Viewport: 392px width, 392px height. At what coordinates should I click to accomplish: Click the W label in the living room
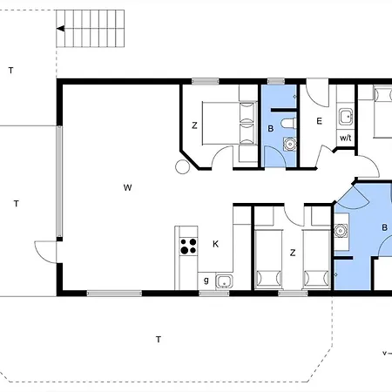point(127,187)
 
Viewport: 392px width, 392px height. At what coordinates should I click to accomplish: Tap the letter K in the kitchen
point(215,244)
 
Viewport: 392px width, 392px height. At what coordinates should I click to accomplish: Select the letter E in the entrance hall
point(319,121)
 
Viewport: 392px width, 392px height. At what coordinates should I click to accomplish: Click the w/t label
point(346,138)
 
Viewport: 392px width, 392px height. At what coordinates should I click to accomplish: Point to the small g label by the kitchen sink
point(206,280)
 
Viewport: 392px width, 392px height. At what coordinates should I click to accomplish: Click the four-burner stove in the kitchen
point(188,247)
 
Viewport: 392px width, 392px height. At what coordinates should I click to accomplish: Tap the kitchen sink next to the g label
point(224,281)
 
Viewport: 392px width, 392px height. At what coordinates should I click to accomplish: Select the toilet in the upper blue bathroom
point(288,123)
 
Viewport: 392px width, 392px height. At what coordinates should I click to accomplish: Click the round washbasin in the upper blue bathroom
point(290,144)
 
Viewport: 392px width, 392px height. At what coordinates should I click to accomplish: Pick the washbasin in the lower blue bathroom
point(341,231)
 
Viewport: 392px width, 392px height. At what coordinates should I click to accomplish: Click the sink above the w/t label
point(346,117)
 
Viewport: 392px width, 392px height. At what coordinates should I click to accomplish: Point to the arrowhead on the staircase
point(60,29)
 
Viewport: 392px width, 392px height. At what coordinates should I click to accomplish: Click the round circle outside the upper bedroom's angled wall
point(183,167)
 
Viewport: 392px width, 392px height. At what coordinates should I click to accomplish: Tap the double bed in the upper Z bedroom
point(229,123)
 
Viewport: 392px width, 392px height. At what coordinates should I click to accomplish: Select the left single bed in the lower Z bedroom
point(268,260)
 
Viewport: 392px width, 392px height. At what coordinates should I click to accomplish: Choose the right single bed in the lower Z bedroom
point(316,260)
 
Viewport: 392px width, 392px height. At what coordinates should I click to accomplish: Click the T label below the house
point(159,339)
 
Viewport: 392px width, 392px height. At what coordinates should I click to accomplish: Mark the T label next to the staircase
point(11,71)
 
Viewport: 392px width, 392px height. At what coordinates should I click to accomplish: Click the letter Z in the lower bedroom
point(293,253)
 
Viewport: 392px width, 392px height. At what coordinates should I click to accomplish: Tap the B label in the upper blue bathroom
point(271,129)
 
